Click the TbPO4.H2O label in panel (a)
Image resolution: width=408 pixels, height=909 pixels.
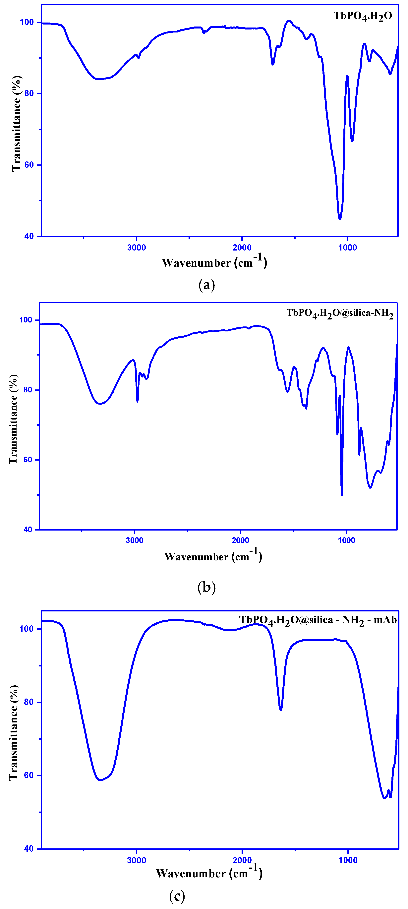click(x=363, y=16)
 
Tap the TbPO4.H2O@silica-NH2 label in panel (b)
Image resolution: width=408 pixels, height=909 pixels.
click(x=339, y=313)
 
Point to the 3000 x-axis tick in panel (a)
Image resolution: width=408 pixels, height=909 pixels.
click(x=136, y=247)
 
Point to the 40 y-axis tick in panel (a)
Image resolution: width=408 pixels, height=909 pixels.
click(x=29, y=236)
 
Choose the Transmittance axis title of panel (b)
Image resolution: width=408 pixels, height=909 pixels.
click(x=13, y=419)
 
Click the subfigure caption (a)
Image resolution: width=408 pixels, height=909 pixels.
click(x=207, y=285)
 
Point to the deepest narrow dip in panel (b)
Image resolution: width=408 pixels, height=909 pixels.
click(x=342, y=495)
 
